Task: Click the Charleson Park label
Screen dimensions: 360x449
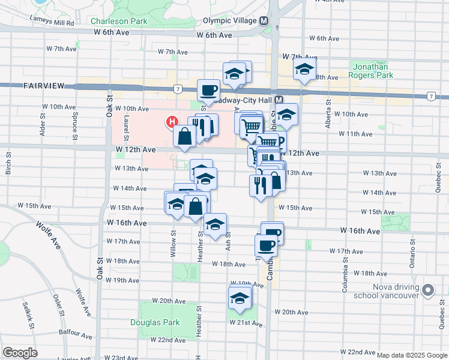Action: pyautogui.click(x=119, y=21)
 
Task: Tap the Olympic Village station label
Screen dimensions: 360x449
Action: pyautogui.click(x=231, y=20)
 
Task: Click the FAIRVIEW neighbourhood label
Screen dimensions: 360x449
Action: pyautogui.click(x=44, y=86)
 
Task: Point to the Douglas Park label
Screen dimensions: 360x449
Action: pyautogui.click(x=155, y=322)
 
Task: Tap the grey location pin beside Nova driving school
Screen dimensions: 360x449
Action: pyautogui.click(x=427, y=290)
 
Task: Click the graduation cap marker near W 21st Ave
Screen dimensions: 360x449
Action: pyautogui.click(x=240, y=298)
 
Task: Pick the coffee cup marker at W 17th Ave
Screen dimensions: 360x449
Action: pyautogui.click(x=266, y=245)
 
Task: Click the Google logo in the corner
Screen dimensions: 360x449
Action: pyautogui.click(x=20, y=353)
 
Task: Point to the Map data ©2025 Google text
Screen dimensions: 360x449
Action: pyautogui.click(x=412, y=355)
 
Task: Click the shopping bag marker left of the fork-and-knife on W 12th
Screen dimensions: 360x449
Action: pyautogui.click(x=185, y=136)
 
